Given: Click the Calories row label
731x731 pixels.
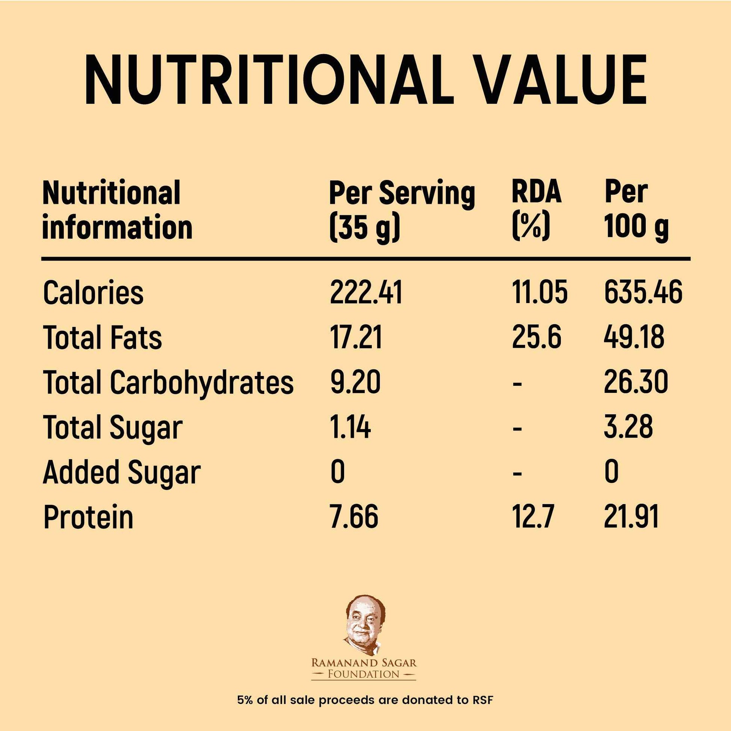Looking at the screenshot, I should (x=94, y=293).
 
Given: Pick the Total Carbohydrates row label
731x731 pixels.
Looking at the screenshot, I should (x=168, y=382).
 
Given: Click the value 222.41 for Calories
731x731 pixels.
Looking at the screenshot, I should (x=366, y=293).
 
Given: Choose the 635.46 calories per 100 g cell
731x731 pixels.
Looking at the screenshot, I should (x=643, y=293).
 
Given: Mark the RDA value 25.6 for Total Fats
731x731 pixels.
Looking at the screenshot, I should (x=536, y=337).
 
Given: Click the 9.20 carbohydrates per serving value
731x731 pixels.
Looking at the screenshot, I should (x=355, y=382).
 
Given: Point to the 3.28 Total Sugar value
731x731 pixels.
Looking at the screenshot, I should (x=628, y=427).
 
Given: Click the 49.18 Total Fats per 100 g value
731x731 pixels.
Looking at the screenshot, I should (x=634, y=337).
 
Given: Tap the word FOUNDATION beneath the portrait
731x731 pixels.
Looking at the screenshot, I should (x=364, y=674).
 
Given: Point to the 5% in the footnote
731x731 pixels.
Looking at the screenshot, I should (x=245, y=700).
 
